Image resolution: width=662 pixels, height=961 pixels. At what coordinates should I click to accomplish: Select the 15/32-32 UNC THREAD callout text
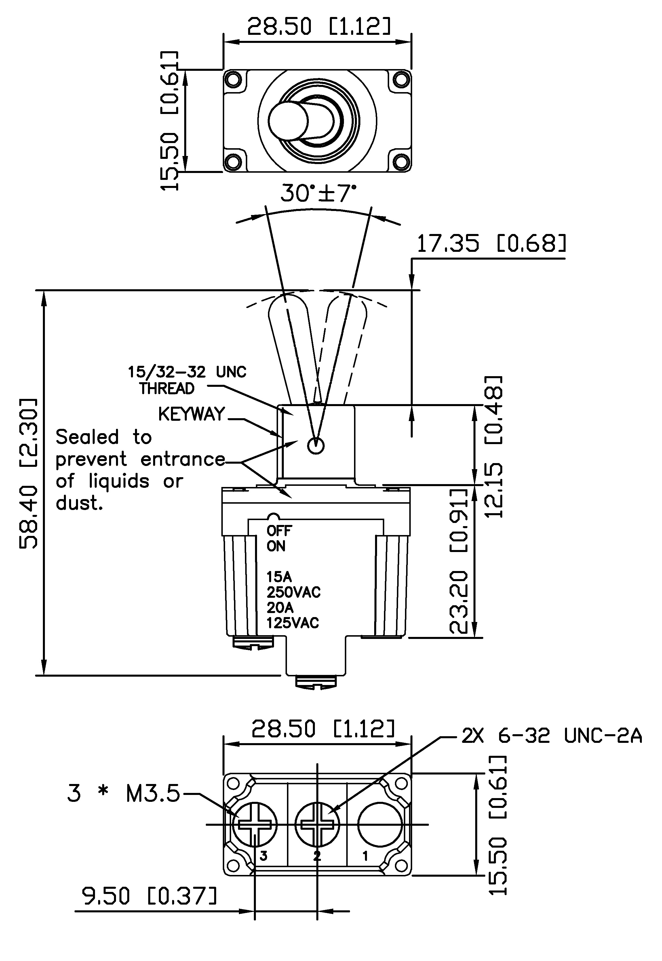click(x=186, y=380)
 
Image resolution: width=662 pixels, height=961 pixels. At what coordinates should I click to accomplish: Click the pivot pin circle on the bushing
click(x=316, y=446)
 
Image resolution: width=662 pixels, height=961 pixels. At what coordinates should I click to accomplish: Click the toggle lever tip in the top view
click(x=288, y=121)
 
